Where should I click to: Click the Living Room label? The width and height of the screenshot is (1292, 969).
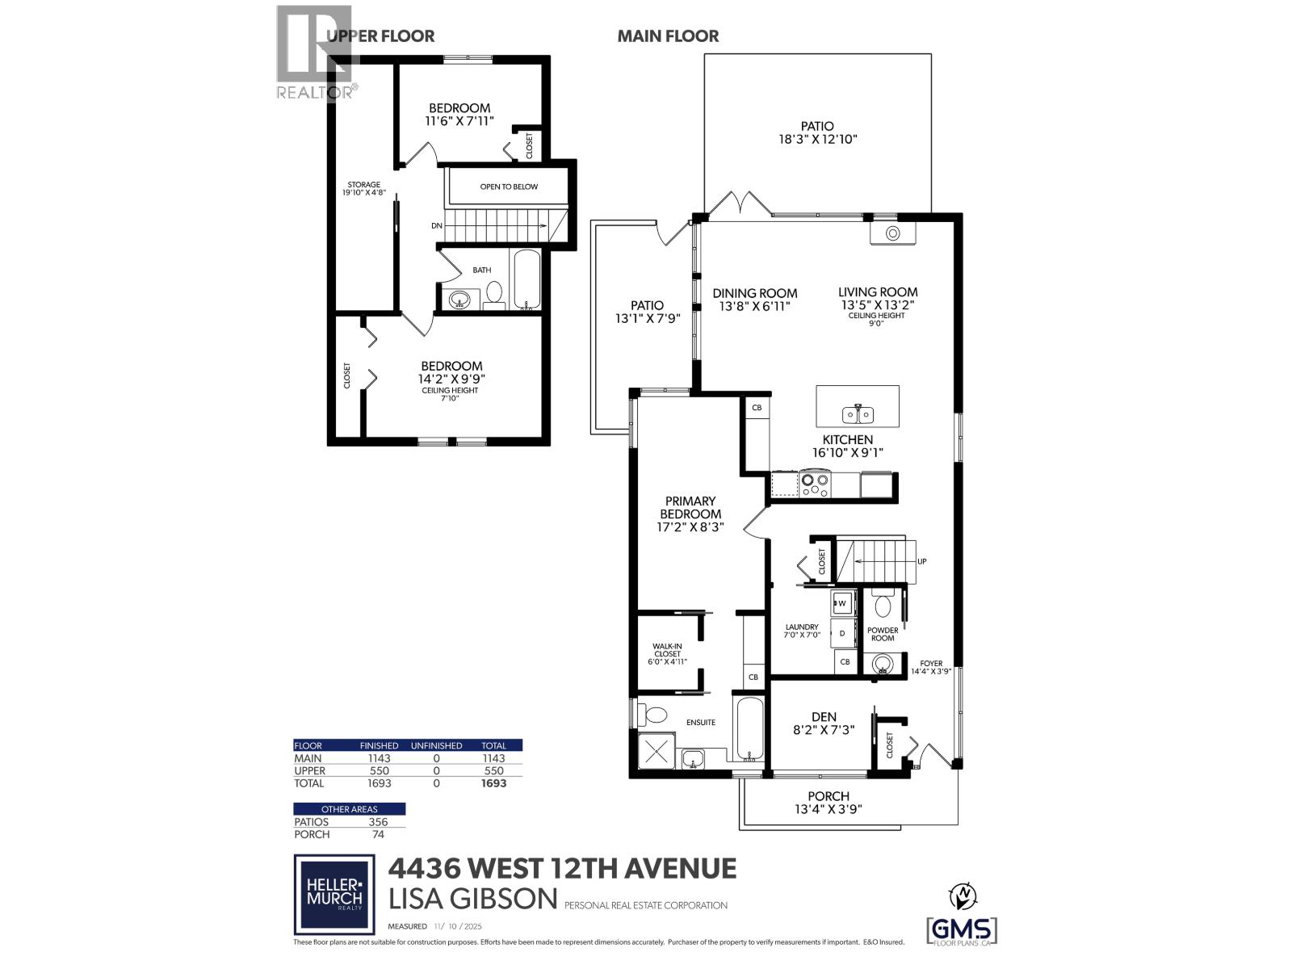point(877,292)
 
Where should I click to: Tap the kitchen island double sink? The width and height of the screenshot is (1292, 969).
point(858,414)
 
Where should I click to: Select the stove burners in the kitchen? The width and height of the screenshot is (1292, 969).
point(814,484)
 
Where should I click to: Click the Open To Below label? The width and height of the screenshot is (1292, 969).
point(509,187)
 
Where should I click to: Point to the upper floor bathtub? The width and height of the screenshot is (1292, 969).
point(526,279)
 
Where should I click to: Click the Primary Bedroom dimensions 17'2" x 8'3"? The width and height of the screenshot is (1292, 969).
point(690,526)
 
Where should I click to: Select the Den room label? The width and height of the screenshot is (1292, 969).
point(824,716)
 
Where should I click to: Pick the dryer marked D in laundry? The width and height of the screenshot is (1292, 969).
point(842,633)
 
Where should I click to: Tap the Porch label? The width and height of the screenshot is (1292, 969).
point(828,795)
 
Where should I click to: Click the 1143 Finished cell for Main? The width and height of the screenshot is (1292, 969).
point(379,758)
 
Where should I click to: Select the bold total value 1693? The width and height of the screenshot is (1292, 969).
point(493,783)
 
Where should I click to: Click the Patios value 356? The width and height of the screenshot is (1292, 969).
point(378,822)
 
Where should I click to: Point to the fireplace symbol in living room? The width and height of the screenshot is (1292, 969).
point(893,233)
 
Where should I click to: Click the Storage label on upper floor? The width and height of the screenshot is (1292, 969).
point(363,184)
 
